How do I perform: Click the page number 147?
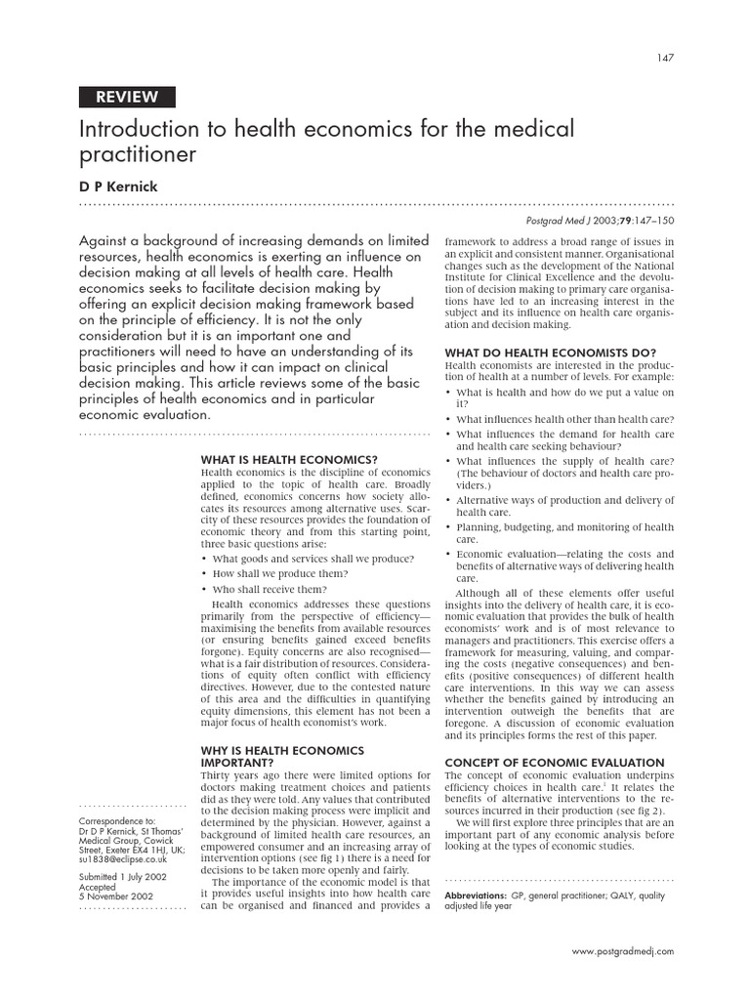click(x=664, y=57)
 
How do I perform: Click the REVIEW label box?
click(x=126, y=96)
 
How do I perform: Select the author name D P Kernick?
click(x=119, y=186)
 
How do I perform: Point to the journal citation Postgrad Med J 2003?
click(x=607, y=221)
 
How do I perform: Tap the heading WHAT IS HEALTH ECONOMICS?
click(x=289, y=458)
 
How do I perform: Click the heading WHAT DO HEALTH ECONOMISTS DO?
click(x=550, y=353)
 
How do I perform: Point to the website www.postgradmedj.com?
click(x=622, y=950)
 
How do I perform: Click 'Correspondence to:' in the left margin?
click(x=116, y=822)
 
